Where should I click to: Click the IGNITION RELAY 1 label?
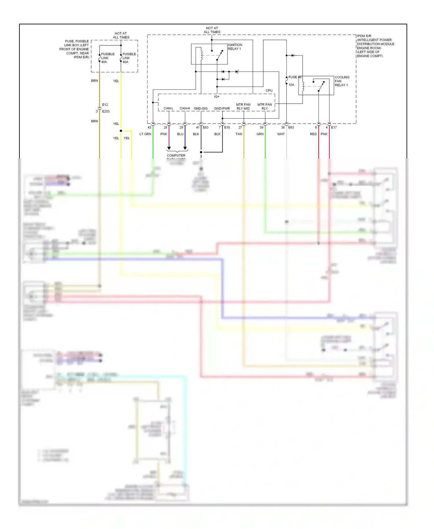click(x=235, y=47)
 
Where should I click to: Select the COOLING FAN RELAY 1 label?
click(x=342, y=81)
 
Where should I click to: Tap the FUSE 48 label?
click(x=295, y=77)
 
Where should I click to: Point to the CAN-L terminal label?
click(x=168, y=109)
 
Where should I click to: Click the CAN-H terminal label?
click(x=185, y=109)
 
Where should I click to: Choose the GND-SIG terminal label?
click(x=201, y=109)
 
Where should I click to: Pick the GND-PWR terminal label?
click(x=222, y=109)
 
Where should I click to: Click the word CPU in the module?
click(x=269, y=91)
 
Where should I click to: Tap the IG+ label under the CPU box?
click(x=216, y=97)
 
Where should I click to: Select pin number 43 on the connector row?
click(x=149, y=128)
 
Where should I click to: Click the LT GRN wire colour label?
click(x=145, y=134)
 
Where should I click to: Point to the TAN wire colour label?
click(x=239, y=134)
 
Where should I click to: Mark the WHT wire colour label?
click(x=281, y=134)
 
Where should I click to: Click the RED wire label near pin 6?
click(x=313, y=134)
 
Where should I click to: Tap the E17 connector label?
click(x=334, y=128)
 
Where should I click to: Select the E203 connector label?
click(x=106, y=111)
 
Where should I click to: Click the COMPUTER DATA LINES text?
click(x=176, y=156)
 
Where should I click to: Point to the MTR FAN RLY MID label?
click(x=243, y=106)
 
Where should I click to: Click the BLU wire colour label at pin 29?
click(x=180, y=134)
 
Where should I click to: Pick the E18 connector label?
click(x=227, y=128)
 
